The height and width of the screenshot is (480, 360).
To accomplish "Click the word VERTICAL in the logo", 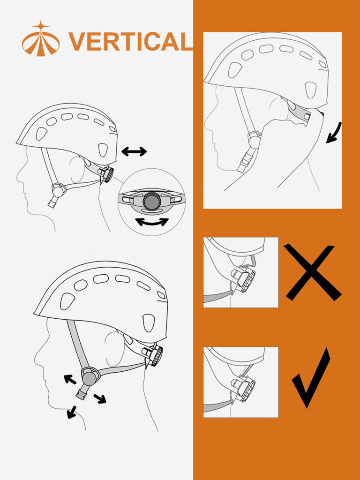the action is (x=130, y=41).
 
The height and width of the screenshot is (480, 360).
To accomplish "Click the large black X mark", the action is (x=313, y=272).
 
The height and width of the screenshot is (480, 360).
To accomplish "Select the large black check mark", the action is (x=311, y=377).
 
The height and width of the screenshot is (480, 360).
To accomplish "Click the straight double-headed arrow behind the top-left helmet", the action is (x=134, y=151).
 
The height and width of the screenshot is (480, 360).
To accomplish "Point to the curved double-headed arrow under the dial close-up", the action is (x=152, y=223).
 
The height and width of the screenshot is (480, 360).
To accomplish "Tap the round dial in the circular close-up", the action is (x=151, y=202).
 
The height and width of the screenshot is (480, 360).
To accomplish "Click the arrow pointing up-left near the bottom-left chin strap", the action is (x=70, y=380).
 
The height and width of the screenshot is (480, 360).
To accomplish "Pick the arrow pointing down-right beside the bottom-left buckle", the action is (x=100, y=398).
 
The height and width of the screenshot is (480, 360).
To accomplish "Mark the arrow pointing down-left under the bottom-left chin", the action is (x=71, y=412).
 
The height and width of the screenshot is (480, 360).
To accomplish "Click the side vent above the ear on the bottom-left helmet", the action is (x=149, y=323).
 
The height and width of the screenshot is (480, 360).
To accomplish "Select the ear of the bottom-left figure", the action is (x=114, y=349).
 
